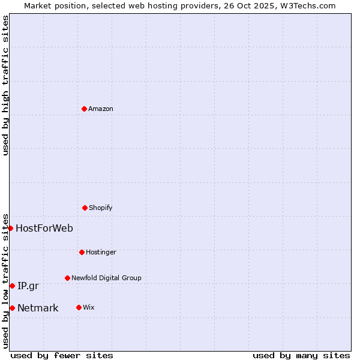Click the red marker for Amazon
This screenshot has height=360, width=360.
point(84,109)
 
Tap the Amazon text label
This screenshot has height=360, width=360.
point(101,109)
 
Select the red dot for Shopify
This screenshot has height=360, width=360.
point(85,208)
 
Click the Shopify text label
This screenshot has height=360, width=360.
point(101,208)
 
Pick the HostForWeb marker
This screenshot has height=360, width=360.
point(10,228)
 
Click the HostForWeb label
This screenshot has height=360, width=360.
point(44,228)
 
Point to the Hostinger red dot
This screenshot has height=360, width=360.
point(82,252)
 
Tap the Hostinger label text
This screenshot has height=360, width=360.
point(101,253)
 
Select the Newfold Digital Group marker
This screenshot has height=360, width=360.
point(67,278)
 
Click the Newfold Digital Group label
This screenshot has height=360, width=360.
point(106,278)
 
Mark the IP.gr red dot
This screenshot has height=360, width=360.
point(12,286)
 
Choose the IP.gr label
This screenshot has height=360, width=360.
point(28,286)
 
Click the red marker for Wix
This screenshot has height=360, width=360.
point(79,307)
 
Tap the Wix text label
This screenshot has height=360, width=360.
point(89,308)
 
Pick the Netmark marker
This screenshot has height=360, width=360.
point(12,308)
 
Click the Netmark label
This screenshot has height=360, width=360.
point(38,308)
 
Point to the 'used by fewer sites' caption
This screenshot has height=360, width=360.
point(62,355)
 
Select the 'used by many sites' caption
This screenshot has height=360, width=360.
point(301,355)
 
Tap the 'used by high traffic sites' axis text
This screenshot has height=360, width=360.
point(5,85)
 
